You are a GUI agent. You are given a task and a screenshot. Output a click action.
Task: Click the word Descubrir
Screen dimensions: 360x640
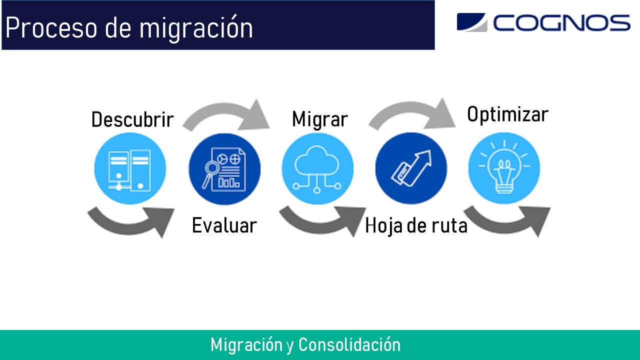(x=132, y=120)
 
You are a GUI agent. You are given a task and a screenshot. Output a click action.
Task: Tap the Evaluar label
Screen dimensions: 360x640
(x=224, y=225)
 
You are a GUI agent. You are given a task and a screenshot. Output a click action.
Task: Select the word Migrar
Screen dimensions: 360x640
(x=319, y=119)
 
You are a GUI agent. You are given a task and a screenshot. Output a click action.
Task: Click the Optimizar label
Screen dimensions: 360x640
(x=507, y=114)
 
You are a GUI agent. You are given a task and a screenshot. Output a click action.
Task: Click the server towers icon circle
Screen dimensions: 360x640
(x=130, y=168)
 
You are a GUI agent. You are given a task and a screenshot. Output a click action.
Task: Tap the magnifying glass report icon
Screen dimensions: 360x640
(x=224, y=168)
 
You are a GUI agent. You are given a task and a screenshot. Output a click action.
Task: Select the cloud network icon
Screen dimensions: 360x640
(x=317, y=168)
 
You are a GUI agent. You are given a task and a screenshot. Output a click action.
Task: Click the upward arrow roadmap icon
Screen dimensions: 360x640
(x=411, y=168)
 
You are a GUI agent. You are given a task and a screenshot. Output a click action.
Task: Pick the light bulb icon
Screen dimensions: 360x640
(x=504, y=168)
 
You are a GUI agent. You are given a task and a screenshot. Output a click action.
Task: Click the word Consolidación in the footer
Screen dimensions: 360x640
(x=349, y=345)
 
